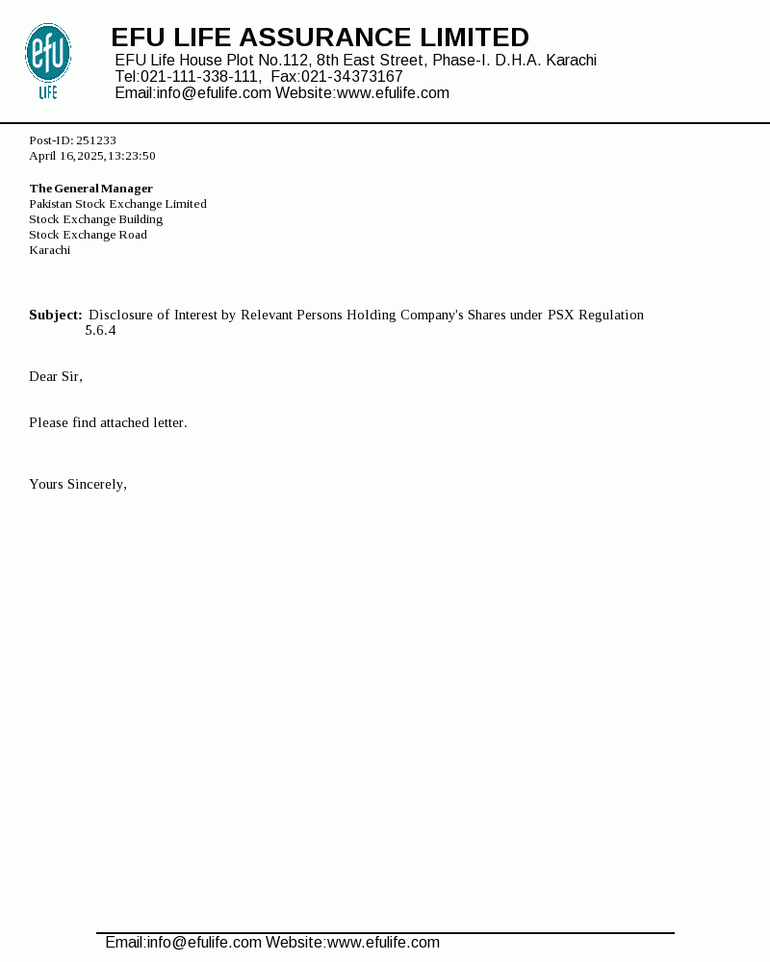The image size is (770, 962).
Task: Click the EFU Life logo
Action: [47, 60]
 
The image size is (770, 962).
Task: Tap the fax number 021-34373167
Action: [352, 77]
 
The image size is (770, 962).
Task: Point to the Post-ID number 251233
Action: [96, 140]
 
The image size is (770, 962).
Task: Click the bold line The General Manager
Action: [90, 189]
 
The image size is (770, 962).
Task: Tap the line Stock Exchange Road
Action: [88, 235]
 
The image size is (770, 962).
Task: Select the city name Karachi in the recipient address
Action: [49, 250]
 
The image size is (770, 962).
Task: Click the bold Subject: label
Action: [55, 315]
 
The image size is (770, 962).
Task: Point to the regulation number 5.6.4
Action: [100, 330]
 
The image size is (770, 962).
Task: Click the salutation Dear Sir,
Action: [56, 376]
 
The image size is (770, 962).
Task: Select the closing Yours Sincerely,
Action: [78, 484]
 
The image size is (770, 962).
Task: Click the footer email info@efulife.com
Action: [203, 943]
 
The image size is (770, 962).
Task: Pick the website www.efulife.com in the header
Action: [393, 93]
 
